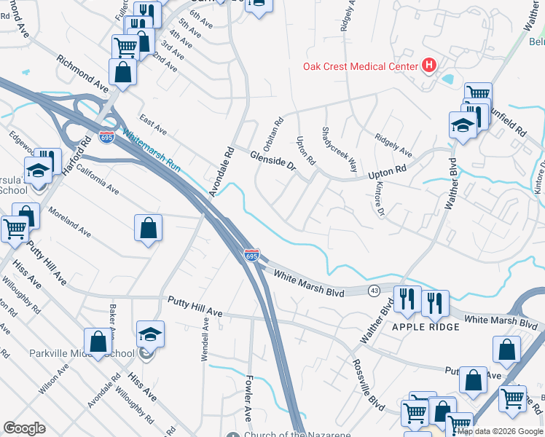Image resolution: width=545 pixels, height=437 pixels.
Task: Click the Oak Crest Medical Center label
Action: click(x=360, y=67)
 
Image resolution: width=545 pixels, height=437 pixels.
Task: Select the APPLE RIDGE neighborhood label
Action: click(x=426, y=327)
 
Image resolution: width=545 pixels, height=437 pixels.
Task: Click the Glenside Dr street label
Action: click(x=272, y=160)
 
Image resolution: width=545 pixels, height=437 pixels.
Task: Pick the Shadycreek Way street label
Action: click(x=340, y=149)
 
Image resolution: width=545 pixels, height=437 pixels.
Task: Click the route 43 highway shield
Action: click(x=374, y=291)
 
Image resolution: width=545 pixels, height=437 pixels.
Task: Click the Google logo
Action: click(x=24, y=428)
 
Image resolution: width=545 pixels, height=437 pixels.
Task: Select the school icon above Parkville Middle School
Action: click(x=150, y=334)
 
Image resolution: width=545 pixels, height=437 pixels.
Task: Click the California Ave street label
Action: click(x=98, y=179)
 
